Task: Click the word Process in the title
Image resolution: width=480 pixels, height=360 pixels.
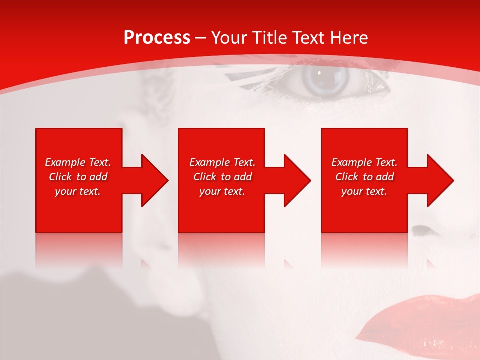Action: (157, 38)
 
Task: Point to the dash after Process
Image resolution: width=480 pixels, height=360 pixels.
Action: (200, 38)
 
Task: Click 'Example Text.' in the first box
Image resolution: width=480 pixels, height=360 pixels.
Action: (78, 162)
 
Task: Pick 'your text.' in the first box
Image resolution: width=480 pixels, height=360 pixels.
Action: (78, 191)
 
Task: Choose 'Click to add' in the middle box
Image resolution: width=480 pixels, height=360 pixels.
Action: (222, 177)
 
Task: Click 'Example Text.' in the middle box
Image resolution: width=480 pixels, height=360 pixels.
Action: (222, 162)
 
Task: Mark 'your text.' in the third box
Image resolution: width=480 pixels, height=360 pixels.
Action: (364, 191)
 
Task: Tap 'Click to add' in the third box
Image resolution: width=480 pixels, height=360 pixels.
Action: (364, 177)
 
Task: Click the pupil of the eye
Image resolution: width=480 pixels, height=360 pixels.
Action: (319, 74)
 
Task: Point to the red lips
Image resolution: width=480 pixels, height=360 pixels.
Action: (425, 320)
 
